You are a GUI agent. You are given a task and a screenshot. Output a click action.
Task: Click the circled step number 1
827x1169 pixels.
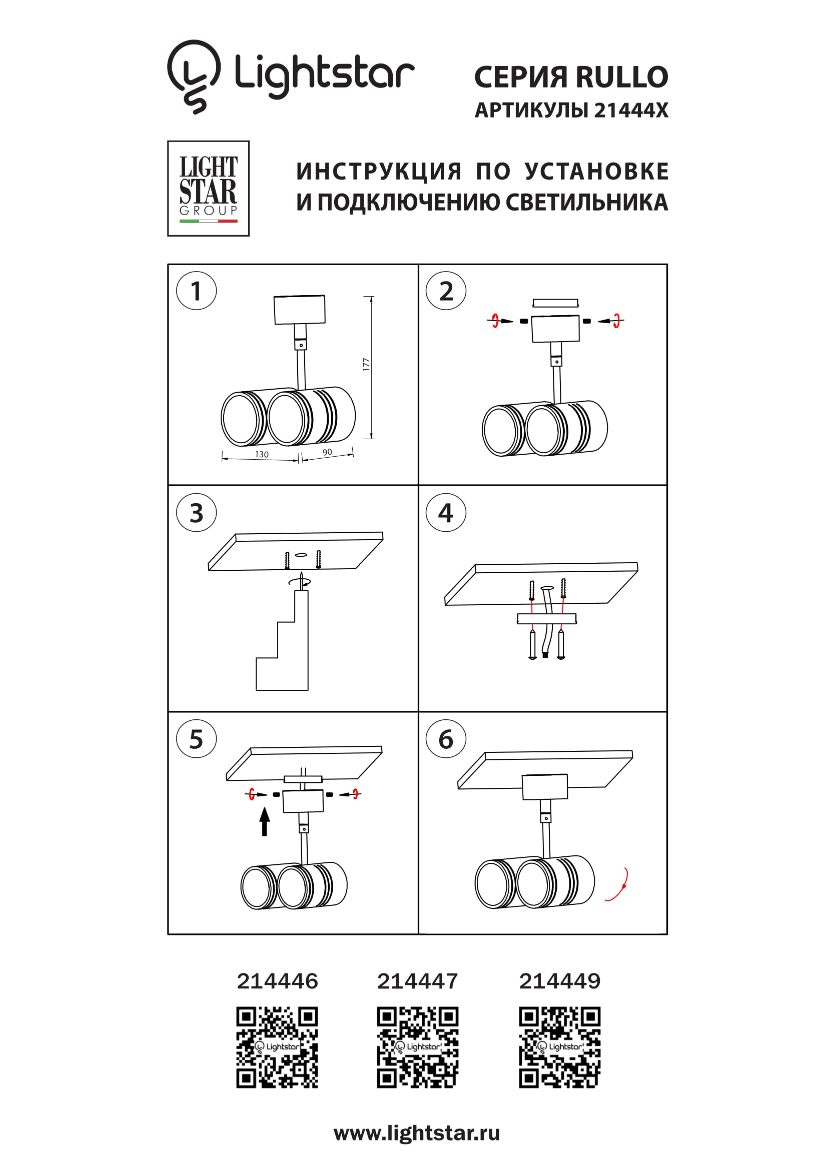(196, 291)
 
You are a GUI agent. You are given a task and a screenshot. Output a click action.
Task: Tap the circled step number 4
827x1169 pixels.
(446, 512)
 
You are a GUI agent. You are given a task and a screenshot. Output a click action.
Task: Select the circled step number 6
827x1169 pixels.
(446, 739)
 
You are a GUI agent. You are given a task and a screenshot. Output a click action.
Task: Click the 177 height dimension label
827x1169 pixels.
(366, 365)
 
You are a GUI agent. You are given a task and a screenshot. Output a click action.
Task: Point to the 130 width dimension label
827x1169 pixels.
(261, 454)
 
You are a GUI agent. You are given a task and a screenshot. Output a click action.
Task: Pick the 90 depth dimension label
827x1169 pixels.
(327, 452)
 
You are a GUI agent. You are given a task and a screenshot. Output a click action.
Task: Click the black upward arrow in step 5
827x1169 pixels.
(264, 822)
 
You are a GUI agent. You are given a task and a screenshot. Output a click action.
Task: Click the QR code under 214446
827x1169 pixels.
(277, 1047)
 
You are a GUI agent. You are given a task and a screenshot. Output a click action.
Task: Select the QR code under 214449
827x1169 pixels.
(560, 1047)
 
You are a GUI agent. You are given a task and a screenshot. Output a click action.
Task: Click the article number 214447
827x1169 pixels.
(418, 981)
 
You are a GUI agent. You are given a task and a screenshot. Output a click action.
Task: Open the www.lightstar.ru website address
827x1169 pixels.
(417, 1133)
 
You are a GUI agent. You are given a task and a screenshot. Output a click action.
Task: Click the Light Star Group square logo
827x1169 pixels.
(208, 189)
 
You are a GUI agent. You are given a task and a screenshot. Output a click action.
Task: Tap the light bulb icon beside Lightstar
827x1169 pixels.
(194, 77)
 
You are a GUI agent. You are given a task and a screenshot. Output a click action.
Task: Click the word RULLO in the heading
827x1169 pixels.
(622, 77)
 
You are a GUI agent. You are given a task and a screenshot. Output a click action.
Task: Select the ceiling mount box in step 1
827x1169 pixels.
(299, 310)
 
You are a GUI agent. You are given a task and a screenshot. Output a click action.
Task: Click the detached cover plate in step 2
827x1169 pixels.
(555, 304)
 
